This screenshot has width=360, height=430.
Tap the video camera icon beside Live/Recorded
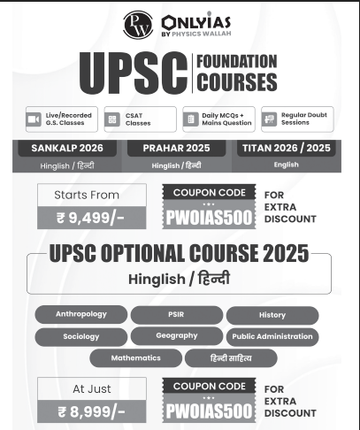point(34,119)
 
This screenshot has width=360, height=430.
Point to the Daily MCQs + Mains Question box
point(218,119)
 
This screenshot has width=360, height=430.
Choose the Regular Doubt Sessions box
point(299,119)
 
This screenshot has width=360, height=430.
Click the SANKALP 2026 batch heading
point(68,148)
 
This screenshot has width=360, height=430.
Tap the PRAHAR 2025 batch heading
point(180,148)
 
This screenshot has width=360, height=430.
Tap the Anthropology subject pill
point(80,315)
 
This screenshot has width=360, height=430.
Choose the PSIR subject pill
point(175,315)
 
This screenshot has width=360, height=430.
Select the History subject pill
point(272,315)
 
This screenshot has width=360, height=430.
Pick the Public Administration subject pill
point(272,336)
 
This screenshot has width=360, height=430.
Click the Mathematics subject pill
point(135,358)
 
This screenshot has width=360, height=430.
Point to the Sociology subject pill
point(80,336)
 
